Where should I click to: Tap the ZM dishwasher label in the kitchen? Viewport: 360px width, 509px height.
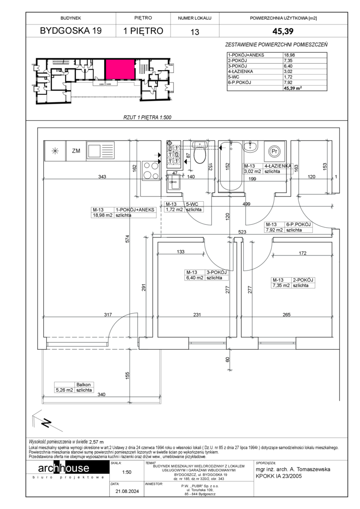(x=76, y=151)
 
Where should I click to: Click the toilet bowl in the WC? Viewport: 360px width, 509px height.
(x=200, y=152)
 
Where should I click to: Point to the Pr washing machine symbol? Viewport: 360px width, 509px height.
(x=275, y=151)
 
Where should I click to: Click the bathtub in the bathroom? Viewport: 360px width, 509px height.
(x=230, y=167)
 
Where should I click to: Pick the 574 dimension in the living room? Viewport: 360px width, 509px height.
(x=128, y=238)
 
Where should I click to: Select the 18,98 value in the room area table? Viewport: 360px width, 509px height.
(x=289, y=55)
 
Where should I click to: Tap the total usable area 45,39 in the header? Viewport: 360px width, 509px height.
(x=283, y=31)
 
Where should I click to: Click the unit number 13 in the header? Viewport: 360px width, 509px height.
(x=195, y=32)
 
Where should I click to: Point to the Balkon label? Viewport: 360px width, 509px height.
(x=83, y=385)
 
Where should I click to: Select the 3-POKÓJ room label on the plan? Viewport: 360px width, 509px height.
(x=216, y=272)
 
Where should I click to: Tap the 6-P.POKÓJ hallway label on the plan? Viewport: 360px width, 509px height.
(x=298, y=224)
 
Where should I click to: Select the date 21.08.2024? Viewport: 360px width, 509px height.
(x=127, y=491)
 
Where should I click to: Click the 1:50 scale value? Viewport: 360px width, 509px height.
(x=127, y=472)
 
